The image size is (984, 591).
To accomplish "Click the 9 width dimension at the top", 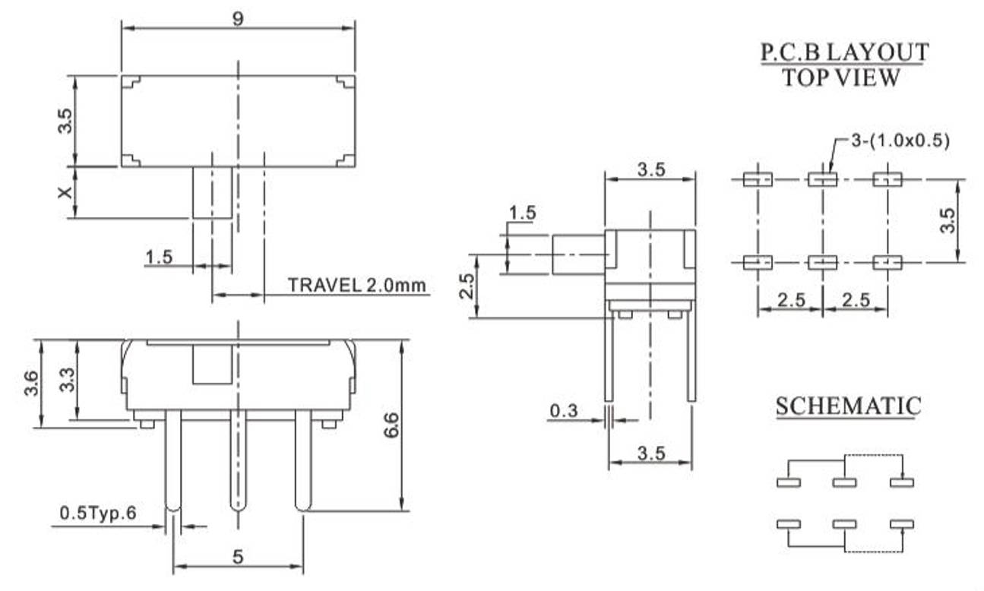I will point(238,20).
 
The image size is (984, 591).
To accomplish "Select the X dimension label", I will point(68,192).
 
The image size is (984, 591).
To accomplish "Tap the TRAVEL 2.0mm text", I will point(357,286).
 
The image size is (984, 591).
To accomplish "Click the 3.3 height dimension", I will point(67,379).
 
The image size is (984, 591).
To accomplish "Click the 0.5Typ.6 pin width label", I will point(97,514).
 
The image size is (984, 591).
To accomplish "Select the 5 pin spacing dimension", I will point(238,557).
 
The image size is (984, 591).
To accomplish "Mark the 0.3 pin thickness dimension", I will point(563,411).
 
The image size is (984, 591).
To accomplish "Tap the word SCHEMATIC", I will point(848,406).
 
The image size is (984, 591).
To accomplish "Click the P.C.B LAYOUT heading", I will point(843,52).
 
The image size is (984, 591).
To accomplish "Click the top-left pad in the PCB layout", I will point(757,180).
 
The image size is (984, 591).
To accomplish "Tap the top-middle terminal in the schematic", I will point(844,482).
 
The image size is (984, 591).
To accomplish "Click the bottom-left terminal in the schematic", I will point(788,524).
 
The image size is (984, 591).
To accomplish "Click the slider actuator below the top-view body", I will point(212,193).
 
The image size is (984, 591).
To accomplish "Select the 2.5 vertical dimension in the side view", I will point(468,286).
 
